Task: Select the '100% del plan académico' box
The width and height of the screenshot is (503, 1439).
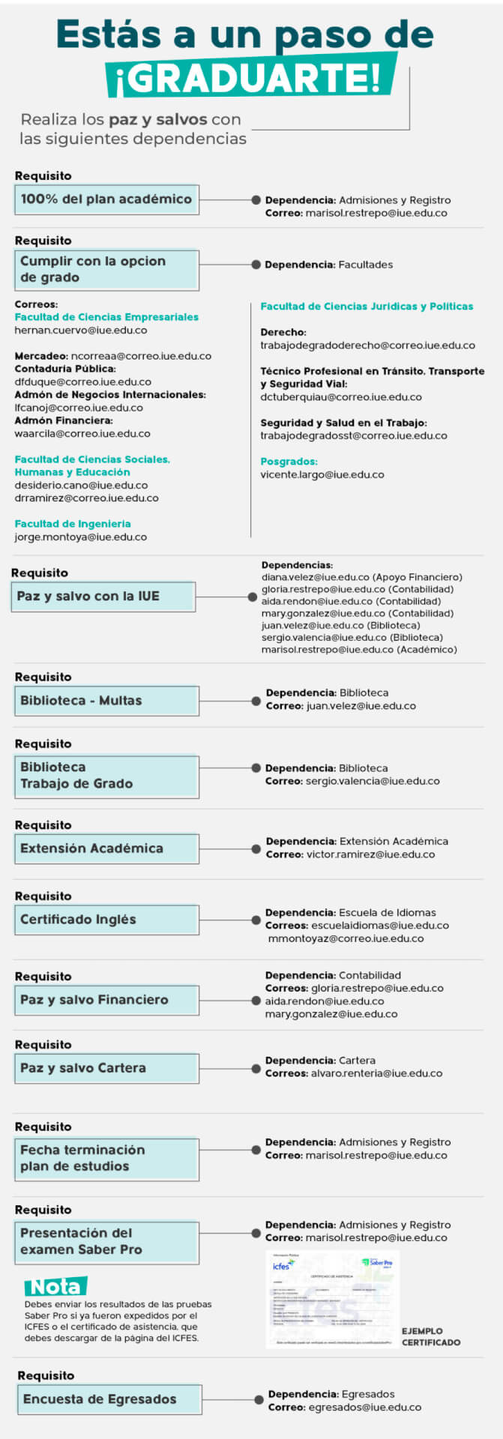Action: pos(106,200)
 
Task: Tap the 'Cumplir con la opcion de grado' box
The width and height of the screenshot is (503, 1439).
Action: pos(106,270)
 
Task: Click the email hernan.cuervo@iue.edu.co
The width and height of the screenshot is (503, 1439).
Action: pos(81,331)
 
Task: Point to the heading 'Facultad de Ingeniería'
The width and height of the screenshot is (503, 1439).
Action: pos(73,524)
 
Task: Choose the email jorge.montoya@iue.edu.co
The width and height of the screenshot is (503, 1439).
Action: pos(81,537)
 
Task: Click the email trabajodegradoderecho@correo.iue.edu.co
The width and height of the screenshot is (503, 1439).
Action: pos(367,346)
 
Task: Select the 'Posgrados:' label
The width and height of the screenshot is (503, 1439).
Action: pos(289,462)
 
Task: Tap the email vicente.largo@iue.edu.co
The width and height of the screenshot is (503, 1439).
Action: pos(322,474)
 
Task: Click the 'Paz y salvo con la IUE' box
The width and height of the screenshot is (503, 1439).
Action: pos(103,597)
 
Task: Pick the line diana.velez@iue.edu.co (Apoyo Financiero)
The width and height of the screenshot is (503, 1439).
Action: pos(361,577)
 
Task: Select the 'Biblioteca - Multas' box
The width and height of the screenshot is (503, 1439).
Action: pos(106,701)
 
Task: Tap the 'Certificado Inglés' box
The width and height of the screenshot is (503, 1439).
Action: pos(106,920)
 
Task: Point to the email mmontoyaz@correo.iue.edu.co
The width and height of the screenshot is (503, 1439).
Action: pos(346,938)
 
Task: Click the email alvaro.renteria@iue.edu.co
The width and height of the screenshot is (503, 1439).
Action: pos(375,1073)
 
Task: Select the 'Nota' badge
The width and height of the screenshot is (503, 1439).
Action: pos(55,1287)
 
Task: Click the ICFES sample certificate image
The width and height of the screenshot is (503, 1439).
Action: pos(332,1299)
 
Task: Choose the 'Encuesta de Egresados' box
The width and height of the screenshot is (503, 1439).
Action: pos(109,1399)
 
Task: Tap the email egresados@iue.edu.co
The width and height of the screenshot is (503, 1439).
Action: pos(364,1408)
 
